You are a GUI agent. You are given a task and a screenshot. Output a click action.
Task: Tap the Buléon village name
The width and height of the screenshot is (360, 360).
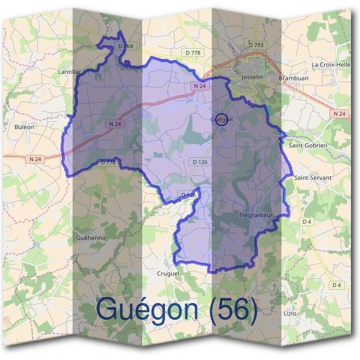(24, 127)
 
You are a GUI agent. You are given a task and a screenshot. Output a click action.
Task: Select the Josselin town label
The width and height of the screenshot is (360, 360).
(252, 78)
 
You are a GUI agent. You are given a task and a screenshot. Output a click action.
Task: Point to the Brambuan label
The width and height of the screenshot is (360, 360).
(293, 78)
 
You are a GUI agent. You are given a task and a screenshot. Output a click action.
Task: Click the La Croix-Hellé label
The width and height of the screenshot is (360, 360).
(331, 64)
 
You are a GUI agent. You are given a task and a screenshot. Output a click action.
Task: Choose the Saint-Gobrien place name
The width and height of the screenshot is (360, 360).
(308, 145)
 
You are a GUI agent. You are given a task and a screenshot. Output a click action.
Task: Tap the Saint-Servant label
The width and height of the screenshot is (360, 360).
(308, 178)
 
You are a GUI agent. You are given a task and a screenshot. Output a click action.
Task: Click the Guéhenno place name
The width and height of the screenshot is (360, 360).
(91, 238)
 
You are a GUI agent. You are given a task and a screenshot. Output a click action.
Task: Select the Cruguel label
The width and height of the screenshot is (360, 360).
(167, 273)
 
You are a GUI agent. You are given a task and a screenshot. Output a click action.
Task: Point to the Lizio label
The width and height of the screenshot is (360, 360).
(290, 313)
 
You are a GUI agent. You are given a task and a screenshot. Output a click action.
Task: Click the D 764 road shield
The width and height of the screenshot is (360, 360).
(125, 46)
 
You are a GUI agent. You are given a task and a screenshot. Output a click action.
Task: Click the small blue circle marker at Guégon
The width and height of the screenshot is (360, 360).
(221, 119)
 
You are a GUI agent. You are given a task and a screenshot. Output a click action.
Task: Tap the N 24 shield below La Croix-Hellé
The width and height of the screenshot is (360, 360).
(338, 113)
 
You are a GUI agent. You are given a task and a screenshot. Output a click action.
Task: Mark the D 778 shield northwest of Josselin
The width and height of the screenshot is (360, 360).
(193, 53)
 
